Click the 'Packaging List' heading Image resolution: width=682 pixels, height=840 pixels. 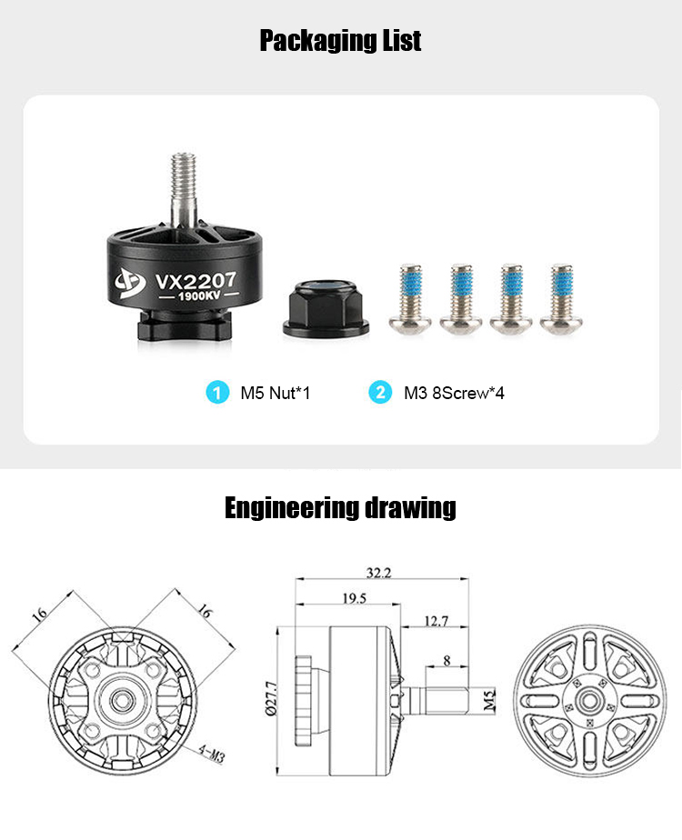pyautogui.click(x=340, y=41)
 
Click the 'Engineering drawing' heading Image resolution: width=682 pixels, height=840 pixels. pyautogui.click(x=340, y=508)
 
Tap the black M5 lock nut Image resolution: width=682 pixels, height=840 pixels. pyautogui.click(x=326, y=308)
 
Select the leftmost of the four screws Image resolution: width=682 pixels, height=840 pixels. pyautogui.click(x=410, y=299)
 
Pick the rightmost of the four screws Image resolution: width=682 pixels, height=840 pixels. pyautogui.click(x=561, y=299)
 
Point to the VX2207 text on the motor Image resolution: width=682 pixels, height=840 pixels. pyautogui.click(x=196, y=281)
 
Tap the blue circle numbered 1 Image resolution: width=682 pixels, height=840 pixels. pyautogui.click(x=217, y=392)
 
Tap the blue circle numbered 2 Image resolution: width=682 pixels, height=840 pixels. pyautogui.click(x=380, y=392)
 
